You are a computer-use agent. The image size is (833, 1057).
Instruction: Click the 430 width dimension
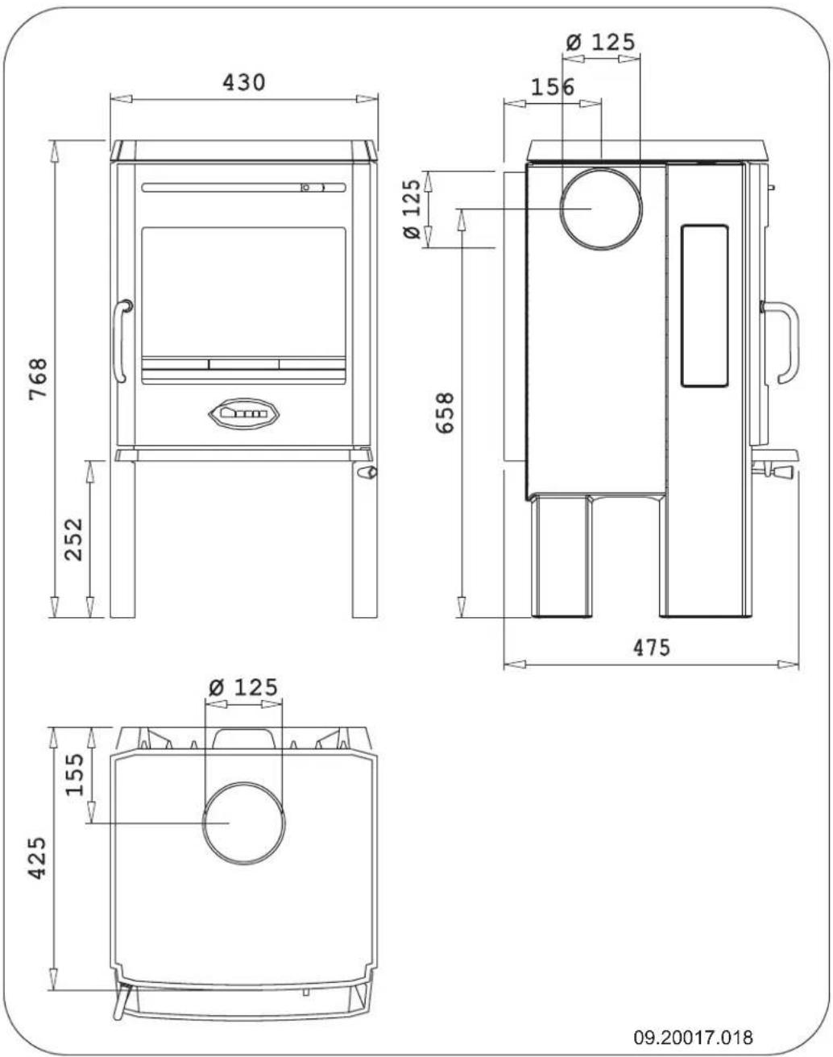click(x=243, y=82)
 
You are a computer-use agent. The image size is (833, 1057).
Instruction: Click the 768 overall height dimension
click(x=38, y=379)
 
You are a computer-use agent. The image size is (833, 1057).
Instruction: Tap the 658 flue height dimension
click(x=445, y=412)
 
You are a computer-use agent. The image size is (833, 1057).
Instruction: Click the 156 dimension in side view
click(x=553, y=87)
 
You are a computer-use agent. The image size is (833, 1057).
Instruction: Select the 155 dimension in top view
click(x=74, y=773)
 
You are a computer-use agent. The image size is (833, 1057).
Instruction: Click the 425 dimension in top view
click(x=37, y=857)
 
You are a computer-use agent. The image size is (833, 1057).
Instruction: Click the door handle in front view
click(x=121, y=341)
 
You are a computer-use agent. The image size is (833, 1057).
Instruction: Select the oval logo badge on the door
click(x=243, y=413)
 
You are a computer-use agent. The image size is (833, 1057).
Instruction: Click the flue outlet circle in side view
click(x=601, y=209)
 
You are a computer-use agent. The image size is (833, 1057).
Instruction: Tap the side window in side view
click(x=705, y=306)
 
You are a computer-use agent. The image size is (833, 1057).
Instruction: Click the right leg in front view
click(x=364, y=548)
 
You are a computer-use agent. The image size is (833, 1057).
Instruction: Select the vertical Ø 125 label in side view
click(x=412, y=209)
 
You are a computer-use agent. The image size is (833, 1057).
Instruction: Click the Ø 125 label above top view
click(x=243, y=687)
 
